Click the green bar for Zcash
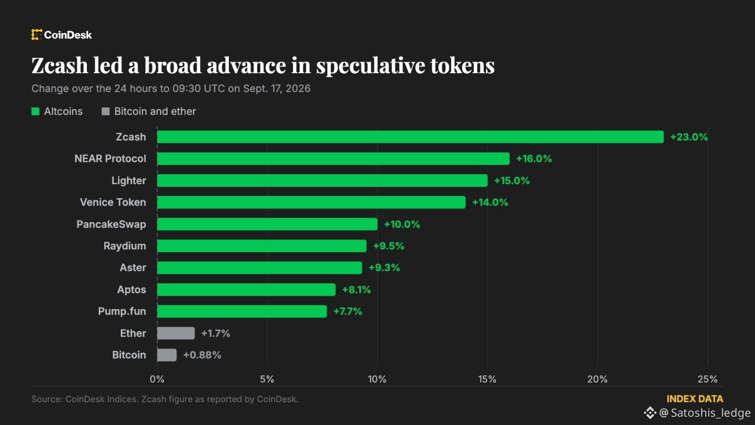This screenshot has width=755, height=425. (x=410, y=137)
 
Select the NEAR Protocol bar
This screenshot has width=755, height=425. (x=333, y=159)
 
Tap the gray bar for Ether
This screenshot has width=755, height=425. (x=176, y=333)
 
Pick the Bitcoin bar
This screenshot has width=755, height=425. (x=167, y=355)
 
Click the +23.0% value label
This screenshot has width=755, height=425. (x=689, y=137)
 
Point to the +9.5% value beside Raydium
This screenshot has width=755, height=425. (x=389, y=246)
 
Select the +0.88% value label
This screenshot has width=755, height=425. (x=202, y=355)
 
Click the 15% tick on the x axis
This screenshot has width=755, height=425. (x=487, y=379)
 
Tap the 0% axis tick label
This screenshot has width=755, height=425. (x=157, y=379)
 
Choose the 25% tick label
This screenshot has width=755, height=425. (x=707, y=379)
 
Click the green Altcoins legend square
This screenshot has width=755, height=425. (x=35, y=111)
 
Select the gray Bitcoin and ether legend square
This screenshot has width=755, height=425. (x=106, y=111)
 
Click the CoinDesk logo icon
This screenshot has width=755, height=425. (x=37, y=34)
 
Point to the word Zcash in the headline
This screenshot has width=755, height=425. (x=59, y=65)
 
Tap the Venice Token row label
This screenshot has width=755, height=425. (x=113, y=202)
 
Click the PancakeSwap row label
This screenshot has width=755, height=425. (x=111, y=224)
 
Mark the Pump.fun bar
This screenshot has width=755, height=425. (x=242, y=311)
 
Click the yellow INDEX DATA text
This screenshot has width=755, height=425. (x=695, y=399)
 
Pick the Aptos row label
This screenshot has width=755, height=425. (x=132, y=289)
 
